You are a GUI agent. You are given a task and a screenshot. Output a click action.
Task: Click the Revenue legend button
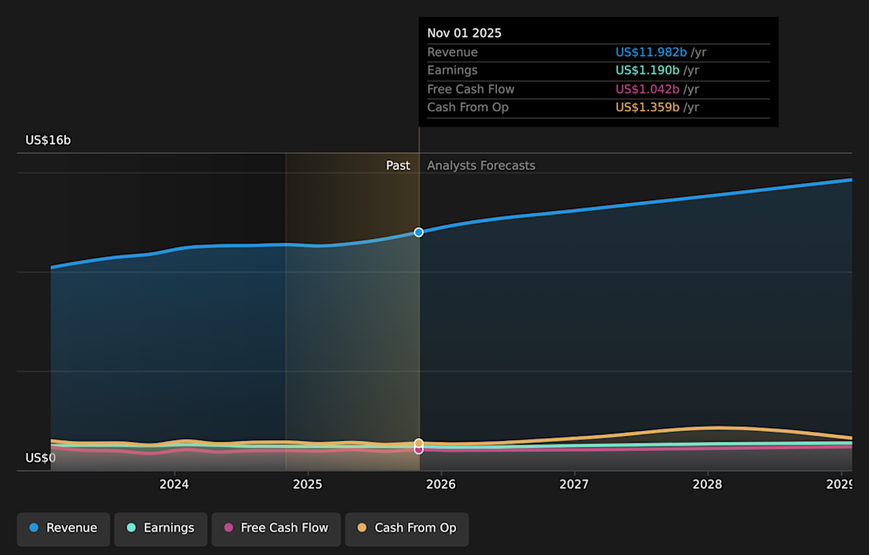click(x=63, y=528)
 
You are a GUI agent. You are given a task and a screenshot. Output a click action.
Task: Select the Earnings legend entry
click(x=160, y=528)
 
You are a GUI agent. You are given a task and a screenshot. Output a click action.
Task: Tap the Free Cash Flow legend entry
click(x=276, y=528)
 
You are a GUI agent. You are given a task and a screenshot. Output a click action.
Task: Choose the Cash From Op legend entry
click(x=406, y=528)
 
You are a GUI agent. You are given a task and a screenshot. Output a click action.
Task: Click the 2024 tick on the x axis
click(x=174, y=484)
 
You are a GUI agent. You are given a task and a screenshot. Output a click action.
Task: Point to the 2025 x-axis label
click(x=308, y=484)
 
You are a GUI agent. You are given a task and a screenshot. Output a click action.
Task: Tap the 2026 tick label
click(x=441, y=484)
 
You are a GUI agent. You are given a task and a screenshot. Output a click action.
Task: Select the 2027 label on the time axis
click(x=574, y=484)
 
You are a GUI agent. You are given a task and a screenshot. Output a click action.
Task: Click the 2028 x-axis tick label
click(x=707, y=484)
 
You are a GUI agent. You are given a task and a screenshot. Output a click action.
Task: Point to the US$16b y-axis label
click(x=48, y=140)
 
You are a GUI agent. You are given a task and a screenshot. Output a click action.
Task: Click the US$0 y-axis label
click(x=41, y=458)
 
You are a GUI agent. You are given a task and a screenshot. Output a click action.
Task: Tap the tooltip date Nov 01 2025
click(x=464, y=33)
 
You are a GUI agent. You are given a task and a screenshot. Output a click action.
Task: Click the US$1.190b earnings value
click(x=648, y=71)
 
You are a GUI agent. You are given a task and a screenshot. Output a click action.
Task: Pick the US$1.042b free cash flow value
click(x=648, y=90)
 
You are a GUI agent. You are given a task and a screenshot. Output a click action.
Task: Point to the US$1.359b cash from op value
click(x=648, y=108)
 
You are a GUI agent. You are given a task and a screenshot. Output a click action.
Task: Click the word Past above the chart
click(x=398, y=166)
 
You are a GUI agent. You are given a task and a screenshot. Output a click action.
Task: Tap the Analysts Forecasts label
click(x=481, y=166)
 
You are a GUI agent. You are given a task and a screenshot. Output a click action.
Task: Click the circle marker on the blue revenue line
click(x=419, y=233)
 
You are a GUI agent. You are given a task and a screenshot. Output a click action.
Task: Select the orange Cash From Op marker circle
click(x=419, y=444)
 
